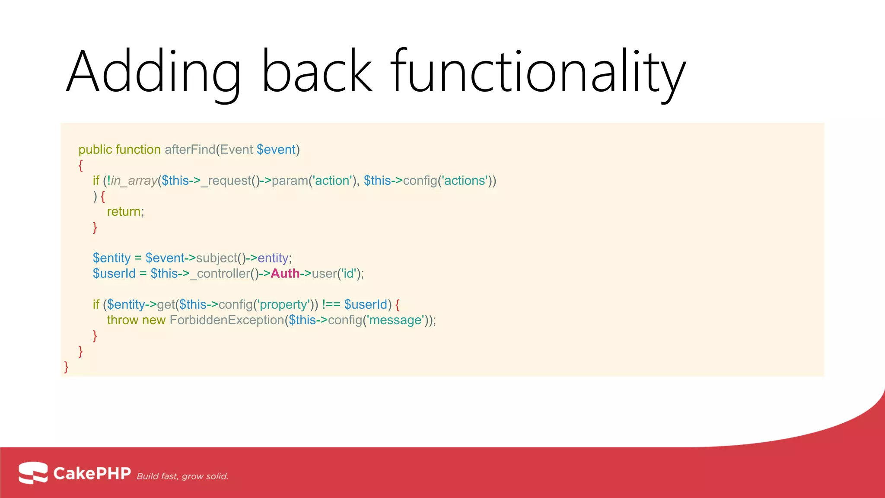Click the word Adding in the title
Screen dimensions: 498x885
point(153,71)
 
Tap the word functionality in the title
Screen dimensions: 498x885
point(538,71)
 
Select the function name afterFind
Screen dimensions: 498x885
point(190,150)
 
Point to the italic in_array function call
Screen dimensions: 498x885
point(134,181)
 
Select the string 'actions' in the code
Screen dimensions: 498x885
point(465,181)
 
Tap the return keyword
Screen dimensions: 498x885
point(124,212)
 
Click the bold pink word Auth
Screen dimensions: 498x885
point(285,274)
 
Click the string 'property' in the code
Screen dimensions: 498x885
point(283,305)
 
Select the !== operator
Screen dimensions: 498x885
point(331,305)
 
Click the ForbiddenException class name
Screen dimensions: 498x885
point(226,320)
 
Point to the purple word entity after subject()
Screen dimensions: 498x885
point(273,258)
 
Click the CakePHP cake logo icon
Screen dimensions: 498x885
point(33,472)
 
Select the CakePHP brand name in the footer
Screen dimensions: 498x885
point(92,473)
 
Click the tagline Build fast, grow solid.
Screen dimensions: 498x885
point(182,476)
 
